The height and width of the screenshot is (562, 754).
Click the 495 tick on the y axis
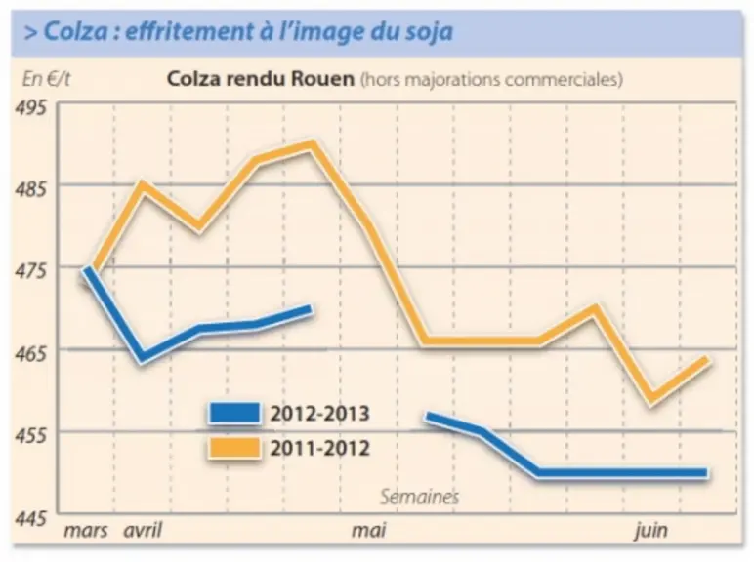tap(31, 107)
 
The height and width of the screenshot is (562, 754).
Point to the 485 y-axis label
tap(31, 189)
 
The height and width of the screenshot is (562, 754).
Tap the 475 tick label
tap(31, 271)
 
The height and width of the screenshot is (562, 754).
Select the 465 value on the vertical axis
tap(31, 354)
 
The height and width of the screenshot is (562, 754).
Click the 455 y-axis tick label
tap(31, 436)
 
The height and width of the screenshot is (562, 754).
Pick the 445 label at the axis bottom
tap(31, 519)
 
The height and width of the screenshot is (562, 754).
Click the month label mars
tap(86, 531)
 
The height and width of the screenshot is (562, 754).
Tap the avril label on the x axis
tap(143, 531)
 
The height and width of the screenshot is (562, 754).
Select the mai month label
tap(369, 531)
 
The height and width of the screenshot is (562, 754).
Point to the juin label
tap(651, 531)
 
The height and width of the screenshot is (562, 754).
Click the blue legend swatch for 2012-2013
tap(234, 413)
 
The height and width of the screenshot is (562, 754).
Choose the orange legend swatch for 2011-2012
tap(234, 448)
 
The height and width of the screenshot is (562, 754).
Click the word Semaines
tap(419, 497)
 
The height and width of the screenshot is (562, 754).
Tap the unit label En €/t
tap(46, 79)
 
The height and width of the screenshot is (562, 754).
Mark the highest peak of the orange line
tap(314, 143)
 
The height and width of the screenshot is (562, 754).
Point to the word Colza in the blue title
tap(76, 31)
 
